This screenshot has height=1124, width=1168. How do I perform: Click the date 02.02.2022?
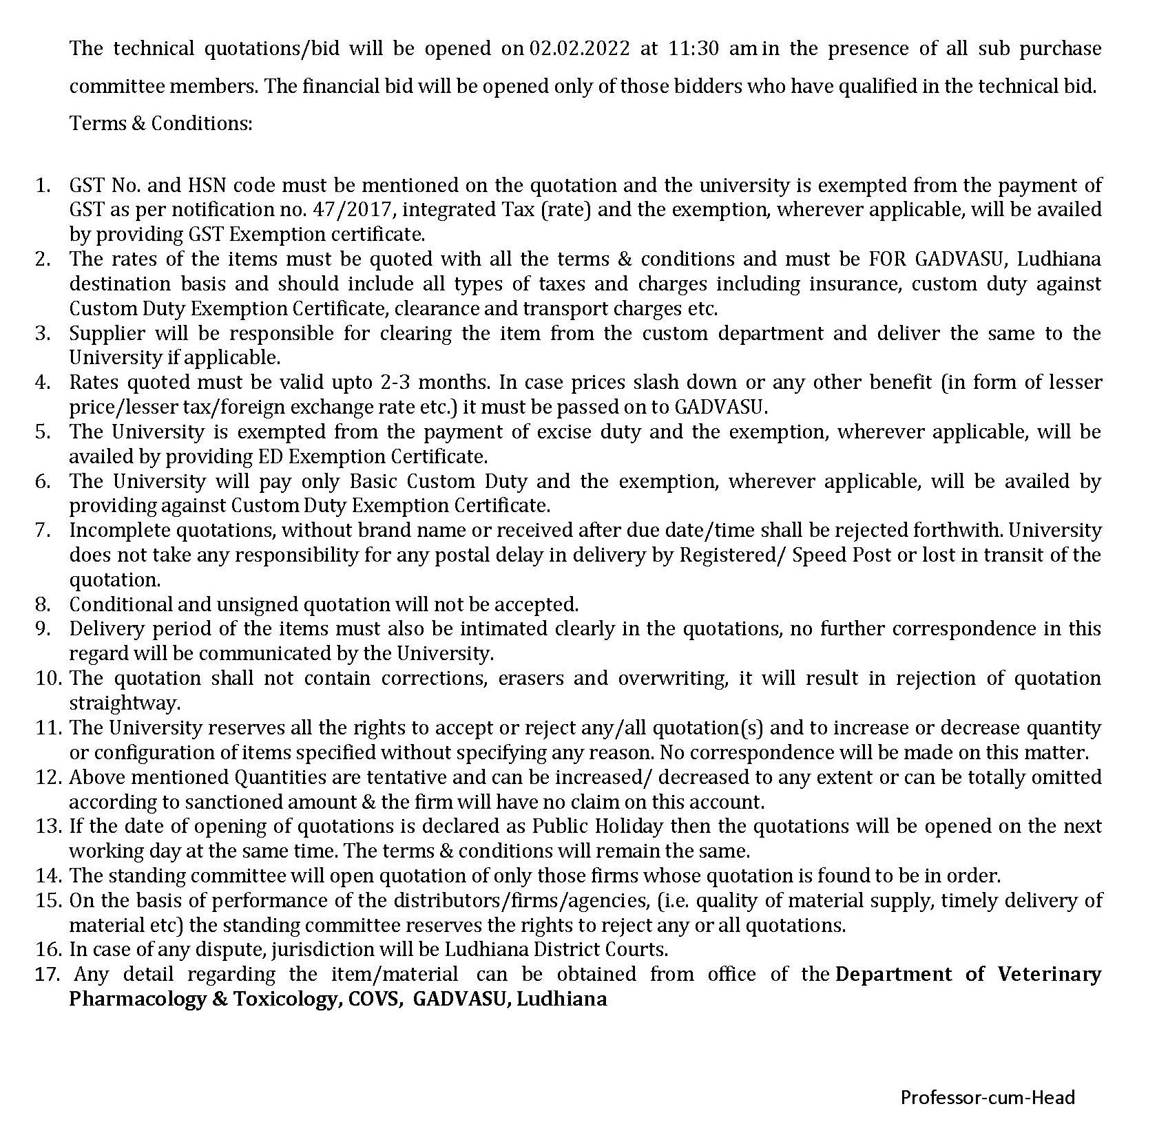579,49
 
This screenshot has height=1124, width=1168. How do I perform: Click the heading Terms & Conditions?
161,123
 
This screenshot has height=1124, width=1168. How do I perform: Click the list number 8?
43,604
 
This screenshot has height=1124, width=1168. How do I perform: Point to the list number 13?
48,826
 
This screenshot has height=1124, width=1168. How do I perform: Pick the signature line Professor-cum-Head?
987,1097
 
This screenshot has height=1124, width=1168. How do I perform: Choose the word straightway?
125,703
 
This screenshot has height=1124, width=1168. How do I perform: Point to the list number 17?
48,975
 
